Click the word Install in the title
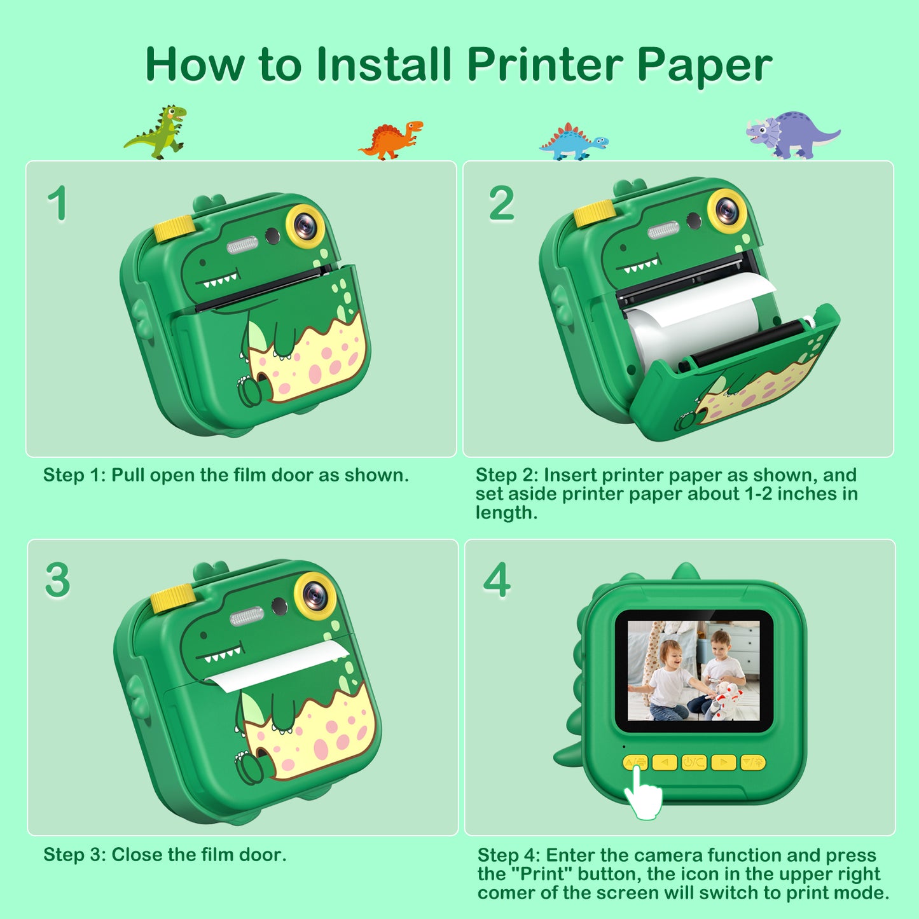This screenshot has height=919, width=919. click(384, 64)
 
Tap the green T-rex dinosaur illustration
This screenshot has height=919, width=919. click(155, 132)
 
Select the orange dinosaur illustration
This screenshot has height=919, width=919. click(390, 140)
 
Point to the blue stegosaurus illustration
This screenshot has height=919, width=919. click(574, 142)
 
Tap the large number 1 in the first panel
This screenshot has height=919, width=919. click(58, 203)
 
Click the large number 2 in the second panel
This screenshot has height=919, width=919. click(502, 203)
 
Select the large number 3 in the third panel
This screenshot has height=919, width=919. click(58, 580)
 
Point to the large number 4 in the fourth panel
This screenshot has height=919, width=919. click(497, 579)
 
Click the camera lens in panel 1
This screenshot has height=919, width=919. click(305, 224)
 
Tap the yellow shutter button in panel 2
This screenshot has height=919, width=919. click(594, 212)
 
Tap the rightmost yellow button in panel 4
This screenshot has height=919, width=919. click(753, 763)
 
